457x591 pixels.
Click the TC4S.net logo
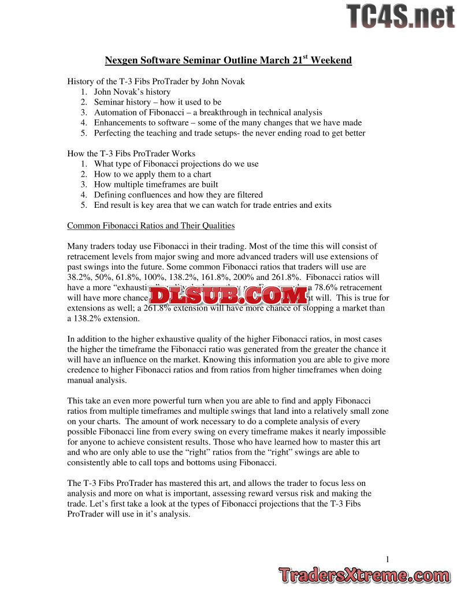pos(400,16)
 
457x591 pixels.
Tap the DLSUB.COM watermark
pos(229,296)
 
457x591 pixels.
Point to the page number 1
pos(388,558)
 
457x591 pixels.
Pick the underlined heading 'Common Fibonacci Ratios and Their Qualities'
pos(151,225)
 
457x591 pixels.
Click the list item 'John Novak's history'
pos(132,92)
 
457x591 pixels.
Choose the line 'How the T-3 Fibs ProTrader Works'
pos(131,154)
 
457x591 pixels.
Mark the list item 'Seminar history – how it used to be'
pos(158,102)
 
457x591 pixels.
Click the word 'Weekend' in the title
pos(331,61)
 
